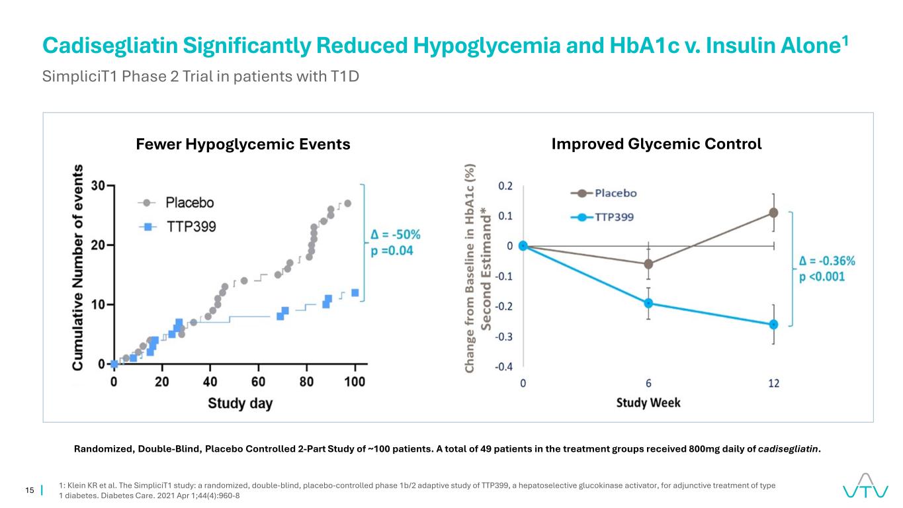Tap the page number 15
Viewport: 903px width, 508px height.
click(x=29, y=490)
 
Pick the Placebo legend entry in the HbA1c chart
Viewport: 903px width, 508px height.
click(x=615, y=193)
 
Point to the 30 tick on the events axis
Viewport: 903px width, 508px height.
click(x=97, y=186)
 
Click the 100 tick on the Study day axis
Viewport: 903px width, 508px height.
click(x=355, y=382)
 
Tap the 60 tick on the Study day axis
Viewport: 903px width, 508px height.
click(x=259, y=382)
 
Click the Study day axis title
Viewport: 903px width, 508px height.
click(x=240, y=403)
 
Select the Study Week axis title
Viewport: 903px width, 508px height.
click(x=648, y=402)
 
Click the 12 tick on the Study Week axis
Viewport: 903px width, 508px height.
click(x=773, y=382)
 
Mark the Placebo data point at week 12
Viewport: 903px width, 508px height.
click(x=773, y=212)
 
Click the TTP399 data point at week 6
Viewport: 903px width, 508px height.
click(x=648, y=303)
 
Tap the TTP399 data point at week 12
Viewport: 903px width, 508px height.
click(x=773, y=324)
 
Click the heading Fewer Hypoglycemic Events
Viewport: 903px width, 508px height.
click(x=243, y=144)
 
